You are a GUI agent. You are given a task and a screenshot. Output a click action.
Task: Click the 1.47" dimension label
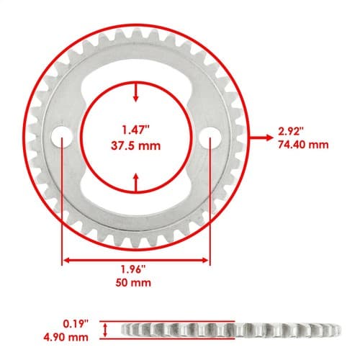136,130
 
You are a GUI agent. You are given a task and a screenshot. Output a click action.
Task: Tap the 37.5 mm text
136,145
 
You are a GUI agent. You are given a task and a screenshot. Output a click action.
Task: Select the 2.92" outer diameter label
291,132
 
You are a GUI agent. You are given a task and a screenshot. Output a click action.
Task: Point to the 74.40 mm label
303,145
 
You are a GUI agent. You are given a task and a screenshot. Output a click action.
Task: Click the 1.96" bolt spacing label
133,269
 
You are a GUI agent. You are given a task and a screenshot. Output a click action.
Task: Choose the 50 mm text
133,282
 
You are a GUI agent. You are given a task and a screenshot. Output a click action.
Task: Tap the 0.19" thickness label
76,324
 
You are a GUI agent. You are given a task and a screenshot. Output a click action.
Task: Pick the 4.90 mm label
66,337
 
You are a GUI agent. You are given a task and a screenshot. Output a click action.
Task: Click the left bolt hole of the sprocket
62,137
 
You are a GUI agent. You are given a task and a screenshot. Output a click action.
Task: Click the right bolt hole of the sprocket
210,137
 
